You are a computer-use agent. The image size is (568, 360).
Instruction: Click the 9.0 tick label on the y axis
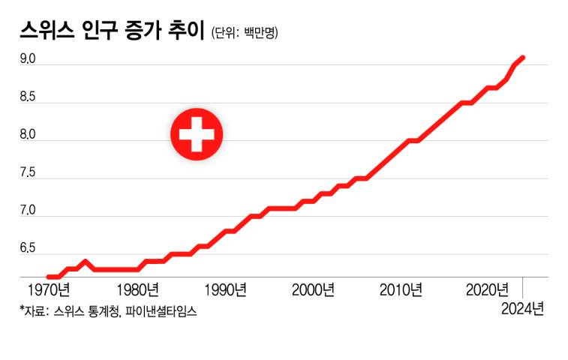27,57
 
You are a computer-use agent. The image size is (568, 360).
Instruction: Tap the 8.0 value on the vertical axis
27,133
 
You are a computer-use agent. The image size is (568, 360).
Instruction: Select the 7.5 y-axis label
27,172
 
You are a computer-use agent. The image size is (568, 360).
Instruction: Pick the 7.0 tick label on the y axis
27,210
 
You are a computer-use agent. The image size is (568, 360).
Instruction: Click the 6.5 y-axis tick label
27,248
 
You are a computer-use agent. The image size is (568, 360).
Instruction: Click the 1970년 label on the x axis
48,289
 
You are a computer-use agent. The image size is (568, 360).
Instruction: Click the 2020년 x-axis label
488,289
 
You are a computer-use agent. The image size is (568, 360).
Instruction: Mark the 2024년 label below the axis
523,309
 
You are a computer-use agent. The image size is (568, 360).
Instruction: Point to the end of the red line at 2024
523,57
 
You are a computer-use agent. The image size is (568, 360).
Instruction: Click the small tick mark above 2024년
523,287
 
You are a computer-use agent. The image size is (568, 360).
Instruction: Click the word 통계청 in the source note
101,310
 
